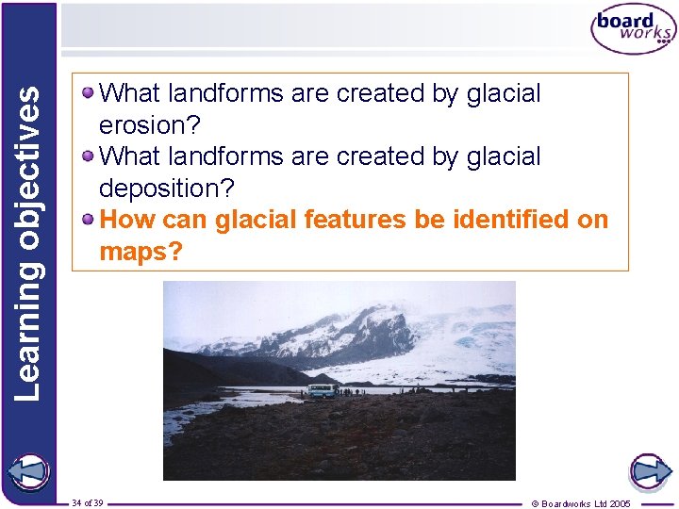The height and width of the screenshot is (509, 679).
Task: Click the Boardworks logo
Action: click(x=634, y=31)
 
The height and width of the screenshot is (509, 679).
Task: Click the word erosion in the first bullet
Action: click(x=151, y=125)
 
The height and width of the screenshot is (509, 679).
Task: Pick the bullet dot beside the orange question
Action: click(x=88, y=219)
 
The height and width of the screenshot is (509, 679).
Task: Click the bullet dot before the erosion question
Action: click(x=88, y=92)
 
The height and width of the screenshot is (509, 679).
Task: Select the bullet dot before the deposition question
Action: click(x=88, y=155)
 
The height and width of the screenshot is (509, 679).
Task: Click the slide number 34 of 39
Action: click(x=87, y=502)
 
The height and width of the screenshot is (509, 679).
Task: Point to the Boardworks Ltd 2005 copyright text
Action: click(x=581, y=503)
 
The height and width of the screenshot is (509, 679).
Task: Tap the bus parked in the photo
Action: click(x=322, y=390)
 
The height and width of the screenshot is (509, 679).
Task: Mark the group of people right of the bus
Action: click(x=354, y=390)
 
